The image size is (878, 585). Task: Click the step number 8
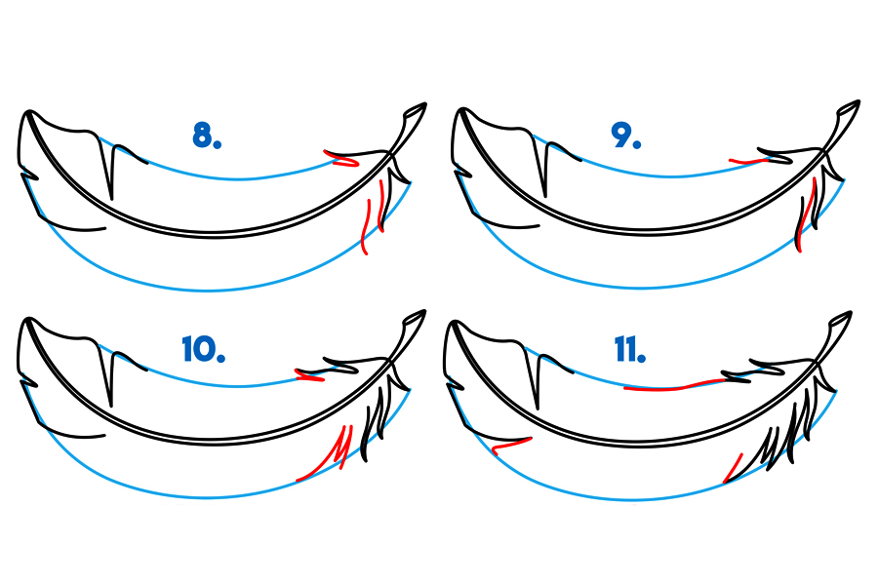pos(207,136)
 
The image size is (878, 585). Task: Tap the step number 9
pos(626,136)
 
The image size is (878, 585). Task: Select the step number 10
pos(204,349)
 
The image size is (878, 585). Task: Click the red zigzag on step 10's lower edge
pos(326,452)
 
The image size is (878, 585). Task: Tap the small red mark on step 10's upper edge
pos(309,375)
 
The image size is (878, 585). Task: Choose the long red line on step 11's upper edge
pos(675,384)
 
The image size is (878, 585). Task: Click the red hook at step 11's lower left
pos(510,446)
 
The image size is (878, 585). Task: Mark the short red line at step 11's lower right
pos(733,468)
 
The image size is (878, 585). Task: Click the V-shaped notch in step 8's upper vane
pos(111,169)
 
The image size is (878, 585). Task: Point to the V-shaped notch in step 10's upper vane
pos(111,376)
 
